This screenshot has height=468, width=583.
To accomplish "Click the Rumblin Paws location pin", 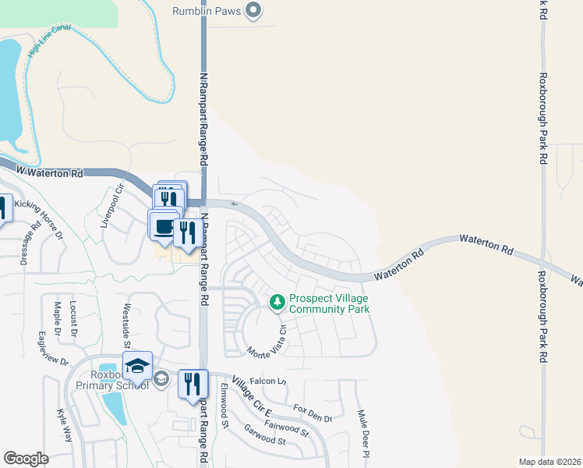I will (x=253, y=10).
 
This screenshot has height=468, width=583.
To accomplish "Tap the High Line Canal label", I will (x=49, y=41).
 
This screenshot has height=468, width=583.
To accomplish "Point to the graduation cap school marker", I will (x=137, y=366).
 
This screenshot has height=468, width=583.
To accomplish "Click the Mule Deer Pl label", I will (x=362, y=433).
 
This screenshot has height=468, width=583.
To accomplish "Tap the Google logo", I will (x=26, y=459).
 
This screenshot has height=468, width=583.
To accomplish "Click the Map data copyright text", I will (x=549, y=462).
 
